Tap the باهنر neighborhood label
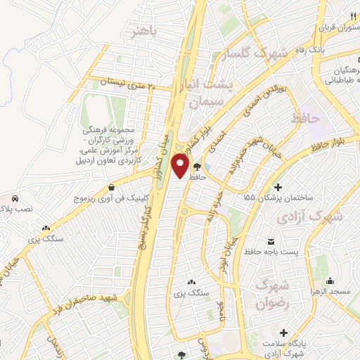(x=146, y=31)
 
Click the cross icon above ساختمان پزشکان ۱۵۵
(x=279, y=188)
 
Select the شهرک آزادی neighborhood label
(x=309, y=217)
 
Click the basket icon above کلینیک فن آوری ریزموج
(x=112, y=187)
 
